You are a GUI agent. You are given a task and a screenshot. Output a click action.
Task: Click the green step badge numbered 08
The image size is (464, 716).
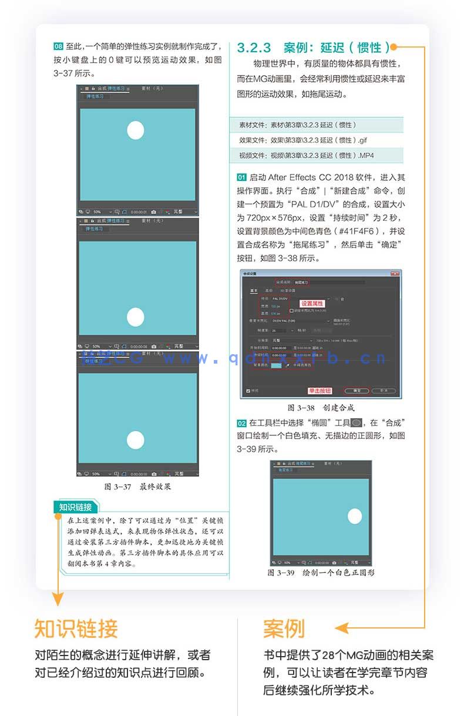pyautogui.click(x=58, y=46)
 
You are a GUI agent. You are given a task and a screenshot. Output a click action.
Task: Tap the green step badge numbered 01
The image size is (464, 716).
pyautogui.click(x=241, y=177)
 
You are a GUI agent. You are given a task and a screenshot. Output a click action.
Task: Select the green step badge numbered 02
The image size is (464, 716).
pyautogui.click(x=241, y=422)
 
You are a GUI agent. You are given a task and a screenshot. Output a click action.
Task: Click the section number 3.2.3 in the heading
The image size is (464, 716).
pyautogui.click(x=254, y=48)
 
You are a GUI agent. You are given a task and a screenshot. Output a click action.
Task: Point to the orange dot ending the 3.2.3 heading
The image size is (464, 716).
pyautogui.click(x=394, y=47)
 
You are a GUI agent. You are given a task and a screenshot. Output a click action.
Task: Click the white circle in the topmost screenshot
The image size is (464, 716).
pyautogui.click(x=136, y=130)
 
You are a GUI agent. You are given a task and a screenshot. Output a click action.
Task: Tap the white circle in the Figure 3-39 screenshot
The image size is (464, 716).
pyautogui.click(x=355, y=516)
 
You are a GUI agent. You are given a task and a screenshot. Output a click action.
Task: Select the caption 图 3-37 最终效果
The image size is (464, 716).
pyautogui.click(x=137, y=486)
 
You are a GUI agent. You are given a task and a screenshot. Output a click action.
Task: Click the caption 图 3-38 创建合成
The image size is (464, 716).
pyautogui.click(x=321, y=407)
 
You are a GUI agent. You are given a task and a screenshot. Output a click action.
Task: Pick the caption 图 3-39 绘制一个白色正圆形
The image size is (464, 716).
pyautogui.click(x=321, y=572)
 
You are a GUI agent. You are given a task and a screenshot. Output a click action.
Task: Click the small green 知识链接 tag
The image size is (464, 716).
pyautogui.click(x=76, y=507)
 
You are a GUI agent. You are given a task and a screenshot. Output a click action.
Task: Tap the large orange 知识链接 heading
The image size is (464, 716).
pyautogui.click(x=76, y=628)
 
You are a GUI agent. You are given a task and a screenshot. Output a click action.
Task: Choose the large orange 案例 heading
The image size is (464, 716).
pyautogui.click(x=284, y=628)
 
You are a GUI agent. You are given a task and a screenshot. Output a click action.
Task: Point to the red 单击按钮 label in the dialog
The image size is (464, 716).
pyautogui.click(x=320, y=390)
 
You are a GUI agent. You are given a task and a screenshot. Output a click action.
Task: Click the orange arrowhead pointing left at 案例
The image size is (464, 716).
pyautogui.click(x=341, y=628)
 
